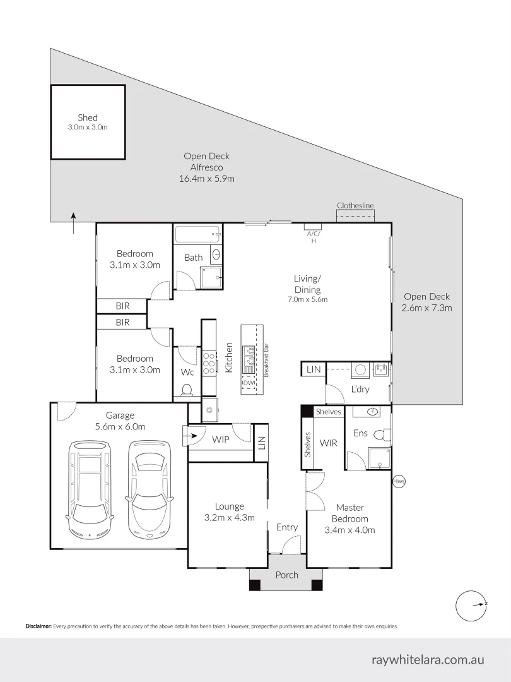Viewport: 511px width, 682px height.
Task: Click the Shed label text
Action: point(88,117)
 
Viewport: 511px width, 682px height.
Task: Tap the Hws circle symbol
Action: point(398,482)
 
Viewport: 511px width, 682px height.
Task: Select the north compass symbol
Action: point(472,604)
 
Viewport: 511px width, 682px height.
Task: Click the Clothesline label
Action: point(355,205)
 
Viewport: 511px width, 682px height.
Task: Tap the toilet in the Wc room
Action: point(187,390)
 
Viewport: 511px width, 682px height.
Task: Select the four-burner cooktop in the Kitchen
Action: point(209,364)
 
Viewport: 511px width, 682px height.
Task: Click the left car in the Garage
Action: point(90,489)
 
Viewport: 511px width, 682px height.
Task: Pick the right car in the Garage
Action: point(150,489)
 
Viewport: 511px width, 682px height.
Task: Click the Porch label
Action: point(286,575)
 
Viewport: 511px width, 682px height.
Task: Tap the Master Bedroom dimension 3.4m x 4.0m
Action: point(349,530)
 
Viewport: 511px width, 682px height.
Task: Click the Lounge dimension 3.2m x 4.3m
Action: point(229,518)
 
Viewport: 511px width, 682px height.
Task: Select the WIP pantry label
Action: point(220,439)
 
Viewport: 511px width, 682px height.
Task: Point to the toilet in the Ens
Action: point(382,434)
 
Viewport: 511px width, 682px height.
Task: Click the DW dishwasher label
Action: point(248,383)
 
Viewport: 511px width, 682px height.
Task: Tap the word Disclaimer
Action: point(38,626)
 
